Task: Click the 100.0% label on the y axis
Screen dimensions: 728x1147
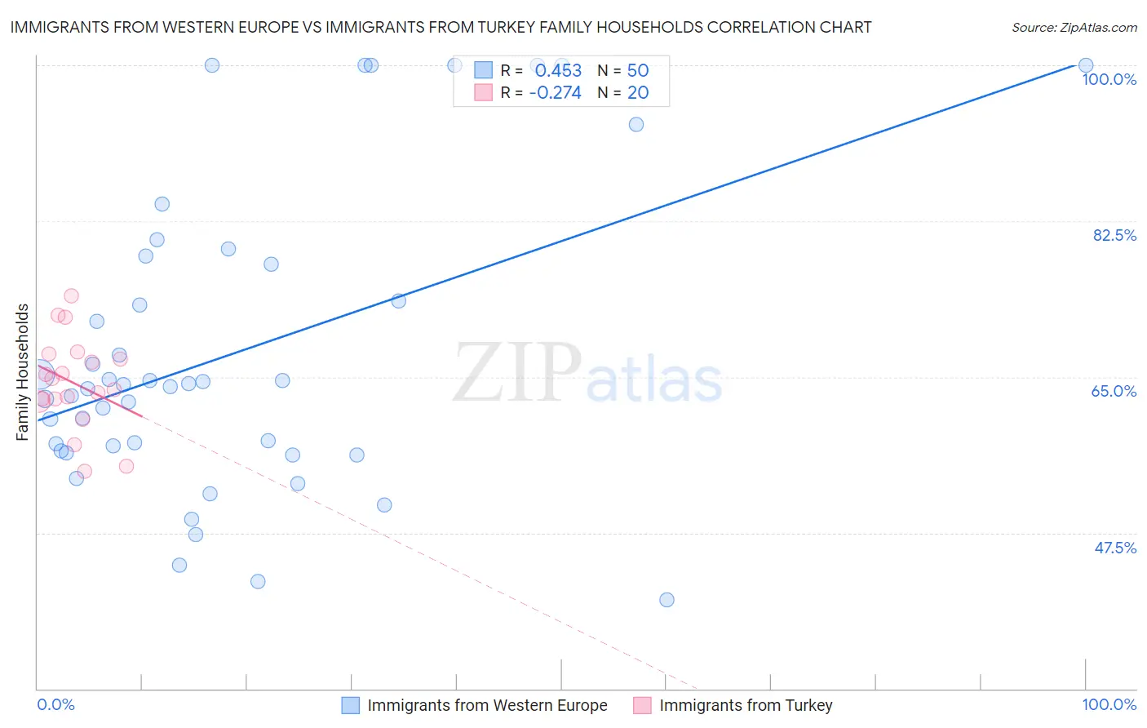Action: (x=1109, y=79)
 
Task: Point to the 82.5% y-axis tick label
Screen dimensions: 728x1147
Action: (x=1114, y=235)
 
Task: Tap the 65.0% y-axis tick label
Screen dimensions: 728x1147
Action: (x=1114, y=391)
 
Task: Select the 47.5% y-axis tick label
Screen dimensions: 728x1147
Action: (x=1115, y=548)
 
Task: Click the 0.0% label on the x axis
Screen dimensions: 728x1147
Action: (x=56, y=704)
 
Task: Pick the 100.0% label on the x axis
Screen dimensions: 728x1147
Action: (x=1109, y=704)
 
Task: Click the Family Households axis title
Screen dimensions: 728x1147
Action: (x=23, y=372)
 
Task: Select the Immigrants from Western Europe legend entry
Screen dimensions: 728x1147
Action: (x=486, y=705)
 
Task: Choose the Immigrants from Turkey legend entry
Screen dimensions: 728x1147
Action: (x=745, y=705)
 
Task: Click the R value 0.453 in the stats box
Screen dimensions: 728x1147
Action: (x=558, y=71)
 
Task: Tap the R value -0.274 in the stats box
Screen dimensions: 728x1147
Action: (x=555, y=93)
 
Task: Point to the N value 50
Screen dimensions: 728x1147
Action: (x=637, y=71)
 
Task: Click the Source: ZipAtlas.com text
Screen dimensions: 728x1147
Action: (x=1074, y=28)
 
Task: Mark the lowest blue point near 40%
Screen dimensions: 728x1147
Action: (x=666, y=600)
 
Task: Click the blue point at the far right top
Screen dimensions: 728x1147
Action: (x=1086, y=65)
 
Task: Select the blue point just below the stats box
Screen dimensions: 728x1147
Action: (x=636, y=124)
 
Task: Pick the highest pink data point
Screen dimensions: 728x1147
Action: (x=71, y=295)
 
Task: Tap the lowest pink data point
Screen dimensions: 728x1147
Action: (x=84, y=472)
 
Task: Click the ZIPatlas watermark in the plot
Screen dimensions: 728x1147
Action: (x=587, y=373)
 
